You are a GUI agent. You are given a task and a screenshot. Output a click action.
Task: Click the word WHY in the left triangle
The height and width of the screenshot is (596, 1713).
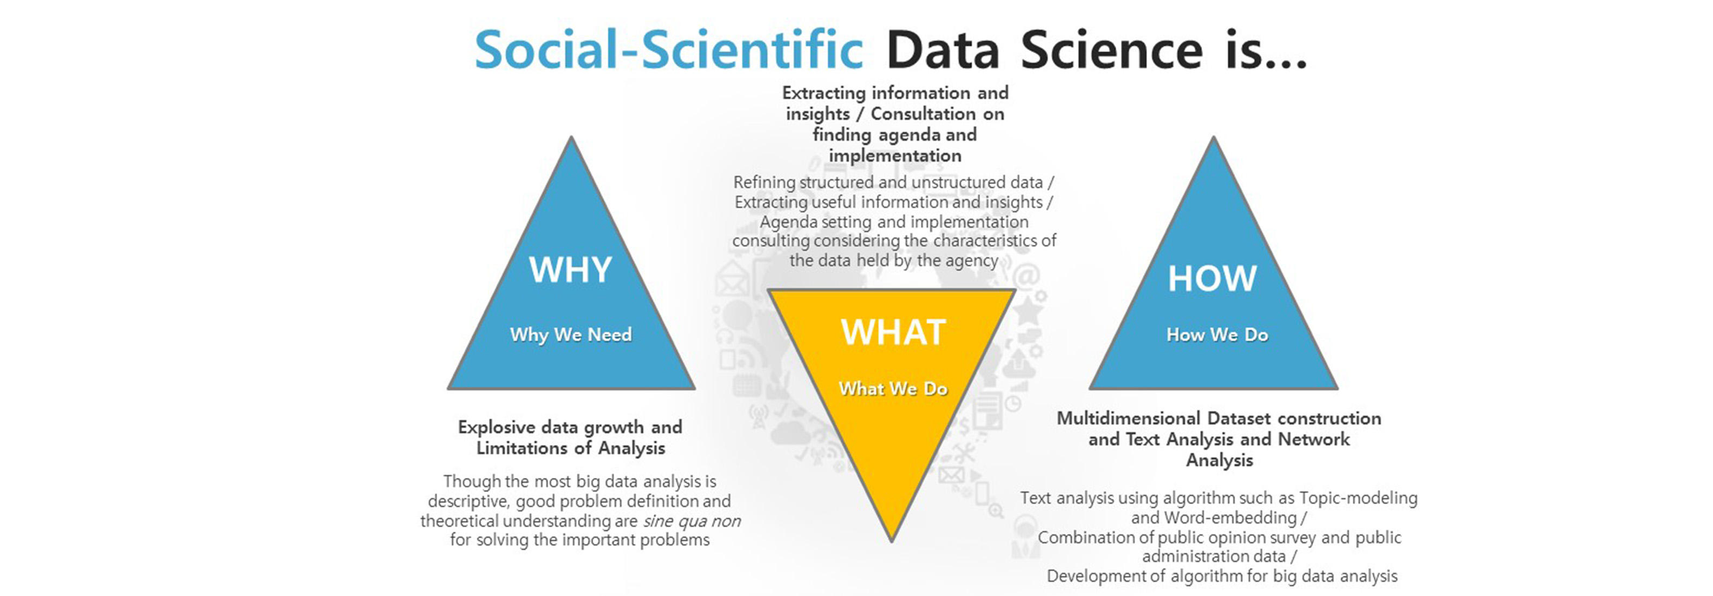(571, 270)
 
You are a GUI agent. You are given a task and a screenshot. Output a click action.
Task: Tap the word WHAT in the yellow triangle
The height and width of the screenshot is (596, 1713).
(893, 332)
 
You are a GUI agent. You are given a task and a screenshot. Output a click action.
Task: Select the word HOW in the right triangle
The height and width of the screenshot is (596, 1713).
(1213, 278)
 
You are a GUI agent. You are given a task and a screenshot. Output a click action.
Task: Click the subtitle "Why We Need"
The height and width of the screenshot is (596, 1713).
(571, 335)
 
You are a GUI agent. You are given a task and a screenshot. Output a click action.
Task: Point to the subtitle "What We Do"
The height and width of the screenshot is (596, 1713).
(893, 389)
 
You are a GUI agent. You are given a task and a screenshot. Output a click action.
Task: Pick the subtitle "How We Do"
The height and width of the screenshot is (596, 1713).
(1217, 335)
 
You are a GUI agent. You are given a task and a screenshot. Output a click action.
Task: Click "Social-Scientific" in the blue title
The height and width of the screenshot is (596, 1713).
(669, 49)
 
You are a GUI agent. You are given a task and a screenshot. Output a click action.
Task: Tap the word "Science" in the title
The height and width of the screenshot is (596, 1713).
(1112, 49)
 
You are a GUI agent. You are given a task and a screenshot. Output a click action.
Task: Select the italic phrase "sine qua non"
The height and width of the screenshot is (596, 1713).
(691, 521)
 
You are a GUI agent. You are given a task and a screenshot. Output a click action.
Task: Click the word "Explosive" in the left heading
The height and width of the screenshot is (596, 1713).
(497, 427)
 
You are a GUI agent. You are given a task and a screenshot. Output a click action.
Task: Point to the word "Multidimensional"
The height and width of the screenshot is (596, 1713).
(1129, 418)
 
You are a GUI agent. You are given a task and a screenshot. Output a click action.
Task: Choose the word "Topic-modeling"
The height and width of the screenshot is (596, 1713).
(1359, 498)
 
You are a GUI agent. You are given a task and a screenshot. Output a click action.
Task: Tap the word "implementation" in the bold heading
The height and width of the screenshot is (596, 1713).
(895, 156)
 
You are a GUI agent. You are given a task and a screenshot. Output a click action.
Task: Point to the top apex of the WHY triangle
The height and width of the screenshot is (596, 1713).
(571, 137)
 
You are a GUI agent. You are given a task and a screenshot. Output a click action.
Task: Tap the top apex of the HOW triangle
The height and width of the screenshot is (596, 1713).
(1214, 137)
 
